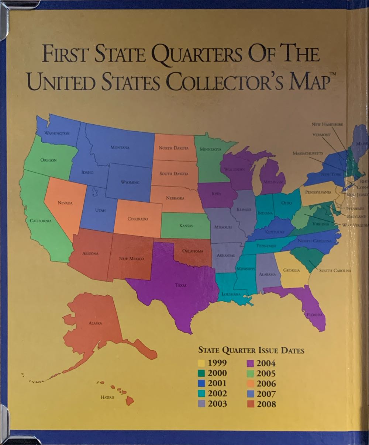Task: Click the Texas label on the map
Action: [181, 285]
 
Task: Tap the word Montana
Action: [120, 147]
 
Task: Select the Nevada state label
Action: [65, 203]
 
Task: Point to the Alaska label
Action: [95, 323]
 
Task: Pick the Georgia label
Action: [291, 270]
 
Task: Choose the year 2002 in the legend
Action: [218, 393]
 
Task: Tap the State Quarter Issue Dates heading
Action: [251, 350]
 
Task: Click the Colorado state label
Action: [138, 219]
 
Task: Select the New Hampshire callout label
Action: [327, 125]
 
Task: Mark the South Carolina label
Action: [335, 271]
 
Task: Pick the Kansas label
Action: [186, 225]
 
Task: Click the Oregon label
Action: [48, 160]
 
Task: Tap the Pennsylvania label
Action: [318, 192]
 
